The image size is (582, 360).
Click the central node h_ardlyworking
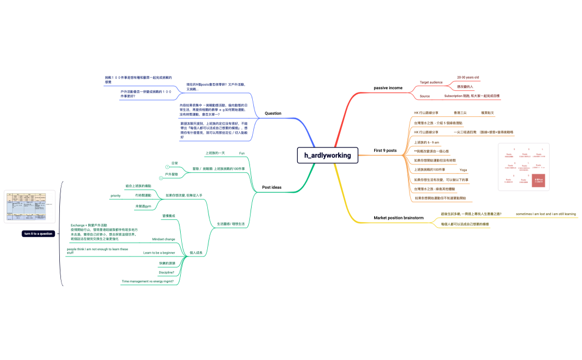tap(328, 155)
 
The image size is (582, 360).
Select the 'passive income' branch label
tap(388, 88)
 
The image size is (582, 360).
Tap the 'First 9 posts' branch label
tap(385, 150)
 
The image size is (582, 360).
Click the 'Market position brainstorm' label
tap(399, 218)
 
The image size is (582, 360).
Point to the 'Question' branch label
tap(273, 114)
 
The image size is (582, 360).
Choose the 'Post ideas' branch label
tap(272, 187)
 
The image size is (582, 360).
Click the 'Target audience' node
tap(431, 82)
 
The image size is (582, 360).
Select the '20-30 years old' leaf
tap(468, 78)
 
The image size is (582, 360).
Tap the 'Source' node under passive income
tap(425, 96)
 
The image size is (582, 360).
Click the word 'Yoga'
tap(463, 169)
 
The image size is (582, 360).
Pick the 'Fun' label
tap(242, 153)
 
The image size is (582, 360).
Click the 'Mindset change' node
tap(164, 239)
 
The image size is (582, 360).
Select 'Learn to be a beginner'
tap(159, 253)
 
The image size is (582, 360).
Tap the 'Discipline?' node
tap(166, 272)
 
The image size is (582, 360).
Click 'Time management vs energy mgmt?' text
tap(147, 281)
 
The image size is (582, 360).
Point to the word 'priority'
tap(115, 196)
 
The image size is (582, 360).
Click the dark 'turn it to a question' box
tap(38, 234)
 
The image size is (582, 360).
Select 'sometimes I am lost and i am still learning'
tap(545, 214)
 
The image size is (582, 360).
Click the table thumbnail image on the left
tap(29, 207)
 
